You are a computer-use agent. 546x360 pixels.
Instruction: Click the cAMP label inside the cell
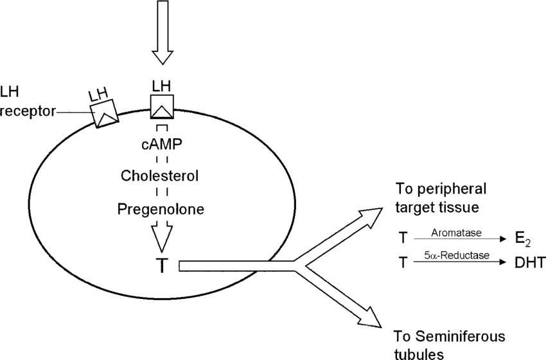point(162,144)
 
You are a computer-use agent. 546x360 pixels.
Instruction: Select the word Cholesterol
point(160,175)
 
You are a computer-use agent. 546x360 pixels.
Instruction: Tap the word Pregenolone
point(161,210)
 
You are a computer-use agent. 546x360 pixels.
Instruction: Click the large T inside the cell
point(163,266)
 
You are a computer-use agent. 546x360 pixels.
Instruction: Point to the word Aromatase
point(456,233)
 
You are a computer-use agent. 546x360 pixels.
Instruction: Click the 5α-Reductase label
point(457,255)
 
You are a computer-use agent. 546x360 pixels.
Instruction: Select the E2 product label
point(523,240)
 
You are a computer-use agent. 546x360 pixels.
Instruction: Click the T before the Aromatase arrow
point(403,238)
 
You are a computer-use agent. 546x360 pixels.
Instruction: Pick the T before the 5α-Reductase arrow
point(403,262)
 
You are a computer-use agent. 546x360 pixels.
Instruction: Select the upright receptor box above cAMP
point(162,106)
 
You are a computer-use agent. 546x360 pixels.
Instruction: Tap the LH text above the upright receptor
point(162,86)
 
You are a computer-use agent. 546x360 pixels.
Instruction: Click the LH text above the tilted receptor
point(98,94)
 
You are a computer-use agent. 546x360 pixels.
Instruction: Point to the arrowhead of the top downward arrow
point(163,57)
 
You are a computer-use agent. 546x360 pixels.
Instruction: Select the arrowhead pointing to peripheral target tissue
point(371,214)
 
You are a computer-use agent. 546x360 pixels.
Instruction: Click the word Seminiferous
point(461,337)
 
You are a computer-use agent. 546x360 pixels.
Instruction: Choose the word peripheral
point(452,189)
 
